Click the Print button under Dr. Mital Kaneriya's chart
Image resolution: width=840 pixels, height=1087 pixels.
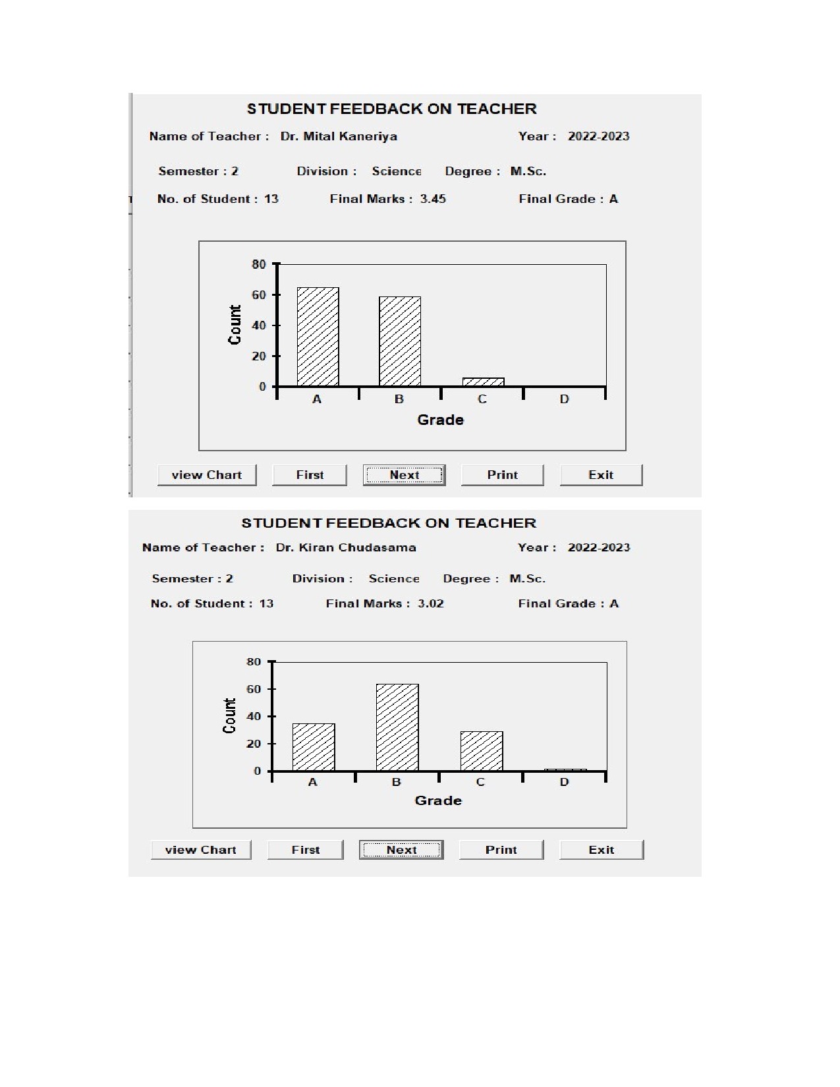[502, 475]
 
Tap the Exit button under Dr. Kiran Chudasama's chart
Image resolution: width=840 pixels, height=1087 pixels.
[601, 850]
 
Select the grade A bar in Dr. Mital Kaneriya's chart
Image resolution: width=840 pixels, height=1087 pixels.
[318, 337]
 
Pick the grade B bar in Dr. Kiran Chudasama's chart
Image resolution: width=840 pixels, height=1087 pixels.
[397, 727]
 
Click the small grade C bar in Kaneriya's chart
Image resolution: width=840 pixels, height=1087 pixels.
[483, 382]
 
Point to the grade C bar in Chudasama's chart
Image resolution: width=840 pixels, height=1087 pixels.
[482, 751]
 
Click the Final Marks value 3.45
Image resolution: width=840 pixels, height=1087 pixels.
[433, 199]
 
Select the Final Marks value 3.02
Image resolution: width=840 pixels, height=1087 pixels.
[431, 603]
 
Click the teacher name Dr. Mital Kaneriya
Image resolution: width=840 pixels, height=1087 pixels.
[339, 136]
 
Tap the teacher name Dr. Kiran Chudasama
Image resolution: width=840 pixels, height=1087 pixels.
[346, 547]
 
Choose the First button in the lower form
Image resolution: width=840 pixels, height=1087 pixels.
[306, 850]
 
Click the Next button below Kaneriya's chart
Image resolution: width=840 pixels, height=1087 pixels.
[404, 475]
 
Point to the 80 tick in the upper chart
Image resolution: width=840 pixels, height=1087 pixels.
[259, 264]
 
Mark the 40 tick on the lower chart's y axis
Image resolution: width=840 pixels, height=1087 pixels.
[254, 716]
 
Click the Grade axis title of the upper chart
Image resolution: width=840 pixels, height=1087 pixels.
[440, 420]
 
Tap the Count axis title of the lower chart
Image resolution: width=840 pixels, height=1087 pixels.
[229, 716]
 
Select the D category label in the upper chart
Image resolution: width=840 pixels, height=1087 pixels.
[564, 399]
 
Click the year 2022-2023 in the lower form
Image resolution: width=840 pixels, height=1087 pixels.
[598, 547]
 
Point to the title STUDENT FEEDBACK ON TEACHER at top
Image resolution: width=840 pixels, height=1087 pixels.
[391, 109]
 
